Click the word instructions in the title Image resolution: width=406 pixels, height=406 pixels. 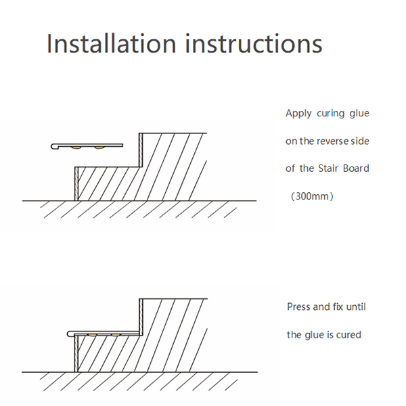point(254,44)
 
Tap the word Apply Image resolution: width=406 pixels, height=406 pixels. point(298,114)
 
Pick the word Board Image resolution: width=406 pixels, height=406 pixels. point(356,168)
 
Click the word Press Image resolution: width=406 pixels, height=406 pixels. point(299,307)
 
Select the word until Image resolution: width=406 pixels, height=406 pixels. point(356,307)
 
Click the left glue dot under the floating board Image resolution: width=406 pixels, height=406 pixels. point(78,148)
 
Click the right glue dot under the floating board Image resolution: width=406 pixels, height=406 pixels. point(99,148)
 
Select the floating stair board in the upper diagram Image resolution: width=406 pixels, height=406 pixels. point(88,144)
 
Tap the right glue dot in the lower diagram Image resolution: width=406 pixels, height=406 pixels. point(116,335)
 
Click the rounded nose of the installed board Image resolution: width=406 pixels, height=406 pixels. point(70,332)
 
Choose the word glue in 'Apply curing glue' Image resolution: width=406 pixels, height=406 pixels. point(359,114)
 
